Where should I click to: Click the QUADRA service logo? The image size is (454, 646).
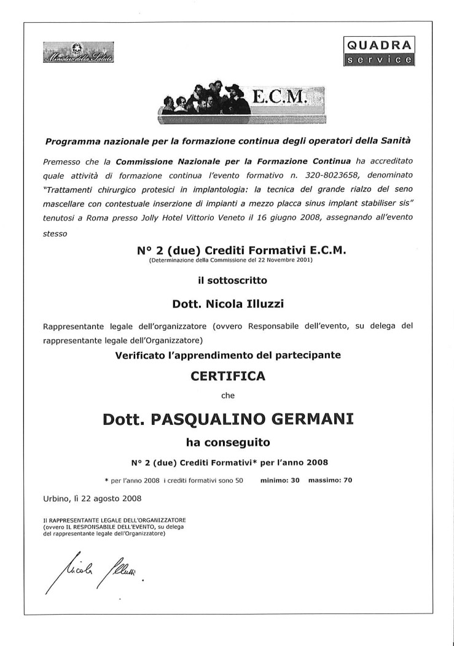coord(378,51)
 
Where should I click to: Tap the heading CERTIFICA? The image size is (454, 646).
coord(227,376)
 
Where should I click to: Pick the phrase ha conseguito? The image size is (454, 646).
coord(227,441)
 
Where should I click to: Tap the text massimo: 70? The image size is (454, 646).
coord(330,480)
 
